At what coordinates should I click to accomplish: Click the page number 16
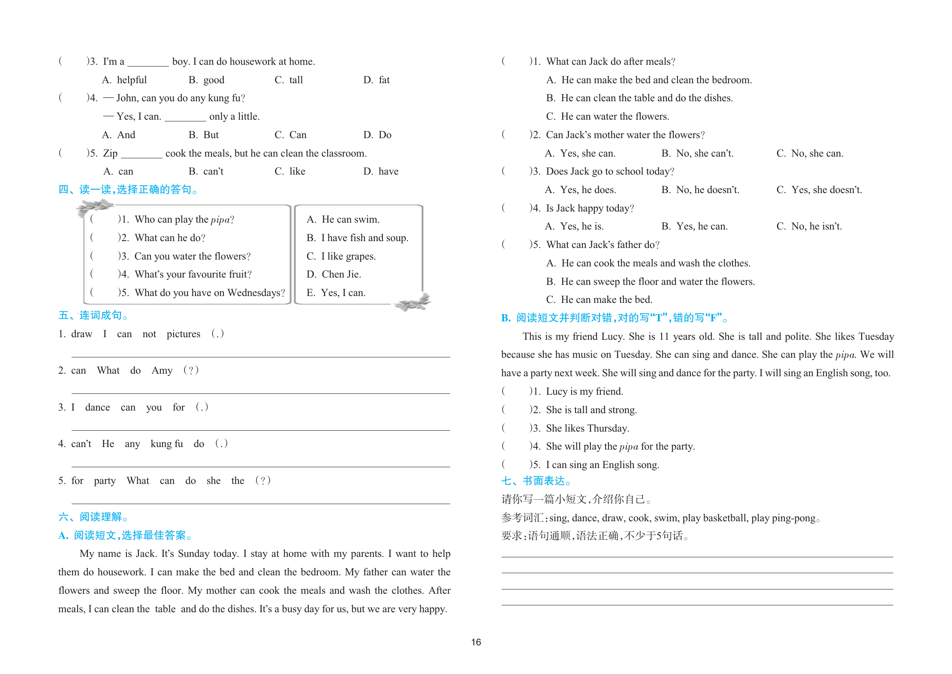(476, 642)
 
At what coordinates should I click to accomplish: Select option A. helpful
(124, 80)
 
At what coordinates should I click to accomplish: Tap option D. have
(381, 172)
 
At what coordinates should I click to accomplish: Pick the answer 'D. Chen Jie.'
(334, 275)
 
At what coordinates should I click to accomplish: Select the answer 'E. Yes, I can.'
(336, 293)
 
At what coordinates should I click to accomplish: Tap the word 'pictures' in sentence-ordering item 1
(184, 334)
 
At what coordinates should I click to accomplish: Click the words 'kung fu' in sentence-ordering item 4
(167, 444)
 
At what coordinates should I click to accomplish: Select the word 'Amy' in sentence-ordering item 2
(162, 371)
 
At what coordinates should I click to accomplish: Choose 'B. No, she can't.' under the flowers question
(697, 154)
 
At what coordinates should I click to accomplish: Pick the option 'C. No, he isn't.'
(809, 227)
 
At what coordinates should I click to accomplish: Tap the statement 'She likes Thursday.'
(587, 429)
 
